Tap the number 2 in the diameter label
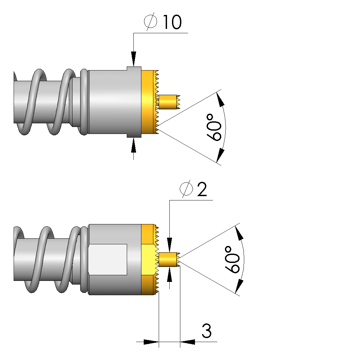tap(202, 189)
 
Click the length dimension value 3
tap(207, 331)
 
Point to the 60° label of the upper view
tap(214, 127)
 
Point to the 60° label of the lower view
tap(232, 260)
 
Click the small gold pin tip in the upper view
tap(169, 102)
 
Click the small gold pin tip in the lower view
tap(169, 259)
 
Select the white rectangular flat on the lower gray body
tap(108, 259)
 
